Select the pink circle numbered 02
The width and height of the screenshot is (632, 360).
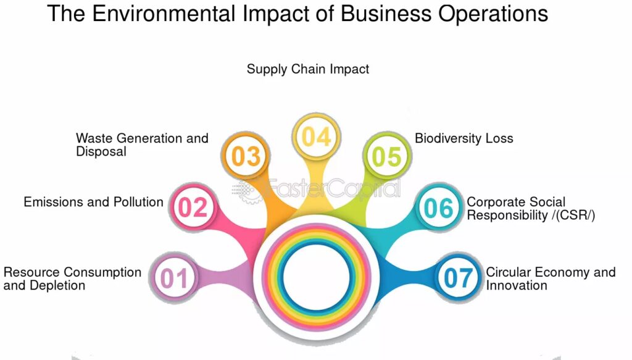[193, 207]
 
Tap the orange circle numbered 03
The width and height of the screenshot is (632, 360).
[246, 156]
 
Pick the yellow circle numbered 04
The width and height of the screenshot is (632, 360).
[317, 136]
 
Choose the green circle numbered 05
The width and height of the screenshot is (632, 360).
[387, 156]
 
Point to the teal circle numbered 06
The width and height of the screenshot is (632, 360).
[439, 207]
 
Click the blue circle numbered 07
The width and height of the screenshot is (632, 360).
[459, 277]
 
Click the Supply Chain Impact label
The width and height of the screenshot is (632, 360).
[308, 69]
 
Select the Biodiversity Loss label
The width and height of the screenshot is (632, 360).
[464, 138]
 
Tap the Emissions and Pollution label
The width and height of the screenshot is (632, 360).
[94, 201]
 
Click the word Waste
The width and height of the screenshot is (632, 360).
[94, 138]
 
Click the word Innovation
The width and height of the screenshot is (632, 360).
[517, 285]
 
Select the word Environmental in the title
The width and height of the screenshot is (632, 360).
[164, 14]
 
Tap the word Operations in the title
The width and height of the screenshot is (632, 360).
[493, 14]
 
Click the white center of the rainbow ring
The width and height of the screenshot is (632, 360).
[317, 277]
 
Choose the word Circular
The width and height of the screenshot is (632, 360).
[510, 272]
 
